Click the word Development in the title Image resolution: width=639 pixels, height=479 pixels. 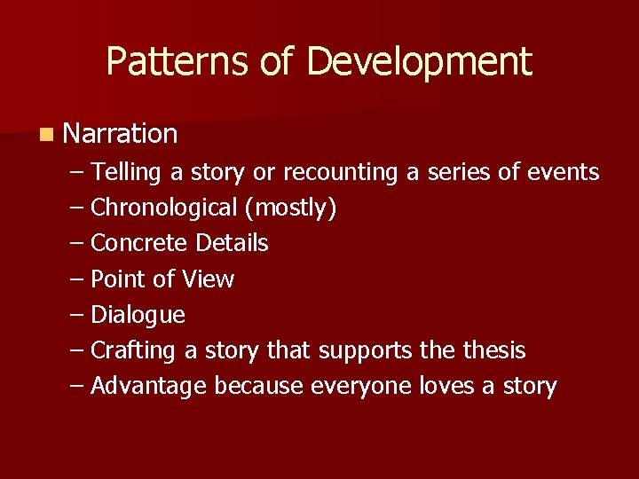420,62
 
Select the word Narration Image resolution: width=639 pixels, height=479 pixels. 121,134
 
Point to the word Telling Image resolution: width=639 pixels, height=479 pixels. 124,172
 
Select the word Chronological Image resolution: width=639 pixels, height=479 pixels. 164,208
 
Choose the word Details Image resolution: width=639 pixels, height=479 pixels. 232,243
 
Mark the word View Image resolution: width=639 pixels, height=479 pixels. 208,279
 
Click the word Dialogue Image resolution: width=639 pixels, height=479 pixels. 138,315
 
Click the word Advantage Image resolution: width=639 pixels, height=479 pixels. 149,387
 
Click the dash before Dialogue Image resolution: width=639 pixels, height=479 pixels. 76,315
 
